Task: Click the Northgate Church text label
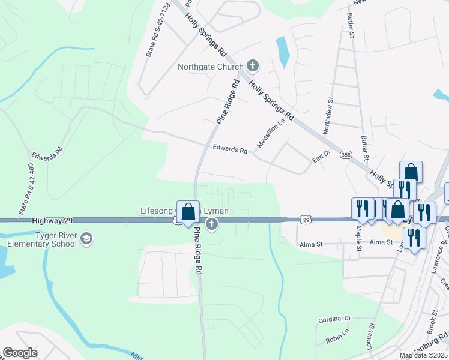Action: point(210,67)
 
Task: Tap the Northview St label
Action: point(327,116)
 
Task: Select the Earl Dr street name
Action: point(322,157)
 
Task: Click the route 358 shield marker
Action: point(345,155)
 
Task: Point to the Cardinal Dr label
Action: point(334,319)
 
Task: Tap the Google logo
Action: point(20,352)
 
